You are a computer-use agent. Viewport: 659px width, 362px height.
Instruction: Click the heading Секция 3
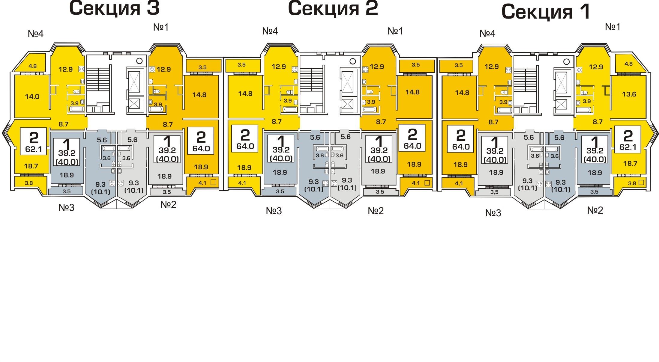click(x=114, y=8)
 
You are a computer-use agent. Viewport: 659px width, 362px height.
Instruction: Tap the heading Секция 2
click(x=333, y=8)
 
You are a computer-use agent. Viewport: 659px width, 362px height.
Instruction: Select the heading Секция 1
click(x=546, y=12)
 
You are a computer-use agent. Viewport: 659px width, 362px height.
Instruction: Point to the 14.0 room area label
click(x=32, y=96)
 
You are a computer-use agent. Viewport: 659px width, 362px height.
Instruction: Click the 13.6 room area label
click(x=629, y=94)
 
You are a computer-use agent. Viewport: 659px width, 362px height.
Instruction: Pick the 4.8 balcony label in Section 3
click(x=32, y=66)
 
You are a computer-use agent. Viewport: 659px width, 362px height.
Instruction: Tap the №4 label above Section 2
click(x=270, y=31)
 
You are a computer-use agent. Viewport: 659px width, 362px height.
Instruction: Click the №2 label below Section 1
click(x=595, y=210)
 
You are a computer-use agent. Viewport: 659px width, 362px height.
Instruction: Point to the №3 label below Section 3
click(x=66, y=207)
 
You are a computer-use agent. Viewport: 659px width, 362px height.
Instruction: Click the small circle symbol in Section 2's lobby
click(x=353, y=61)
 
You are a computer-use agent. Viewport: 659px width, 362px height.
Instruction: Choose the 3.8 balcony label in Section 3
click(x=29, y=183)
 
